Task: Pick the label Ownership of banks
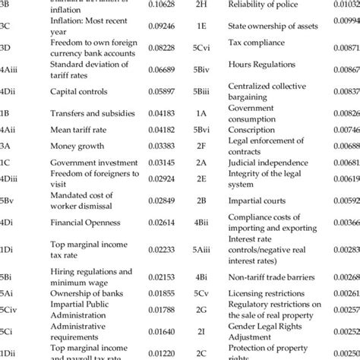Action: (85, 293)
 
